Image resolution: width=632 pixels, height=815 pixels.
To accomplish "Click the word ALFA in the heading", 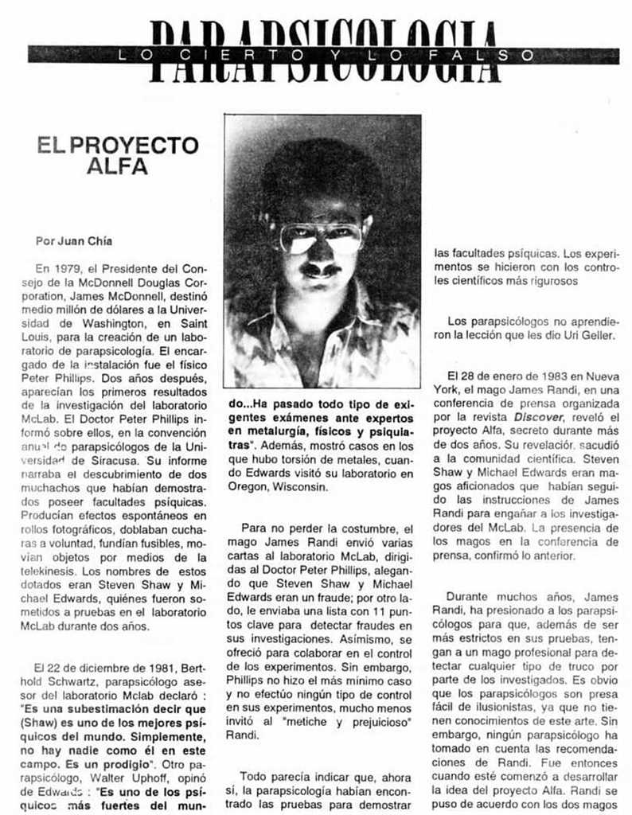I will coord(117,167).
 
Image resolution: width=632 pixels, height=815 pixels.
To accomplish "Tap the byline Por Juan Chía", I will coord(74,240).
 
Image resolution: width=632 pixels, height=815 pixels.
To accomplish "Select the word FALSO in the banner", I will coord(501,55).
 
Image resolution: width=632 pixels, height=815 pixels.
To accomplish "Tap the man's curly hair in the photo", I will coord(322,171).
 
